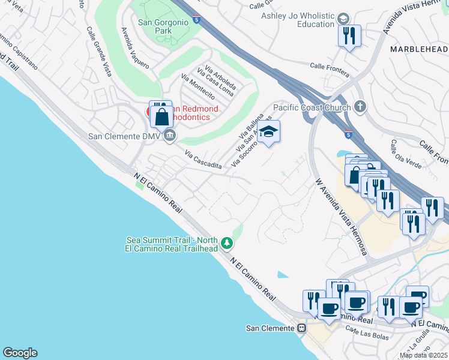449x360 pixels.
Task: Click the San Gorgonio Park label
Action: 163,27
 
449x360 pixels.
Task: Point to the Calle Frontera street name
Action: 330,69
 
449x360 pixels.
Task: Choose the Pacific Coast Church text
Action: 311,107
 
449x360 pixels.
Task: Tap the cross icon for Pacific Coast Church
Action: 360,107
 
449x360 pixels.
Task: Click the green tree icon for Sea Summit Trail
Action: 226,243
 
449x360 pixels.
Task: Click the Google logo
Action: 20,353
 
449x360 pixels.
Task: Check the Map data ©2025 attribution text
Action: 423,355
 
